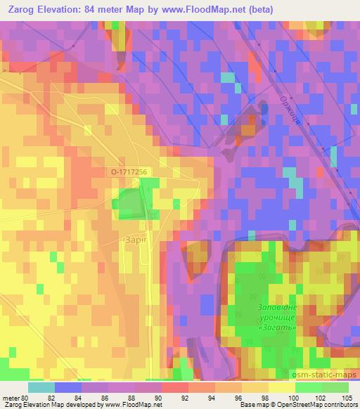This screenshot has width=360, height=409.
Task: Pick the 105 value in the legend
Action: click(x=348, y=398)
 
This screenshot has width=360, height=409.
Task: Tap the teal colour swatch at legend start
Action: click(x=41, y=387)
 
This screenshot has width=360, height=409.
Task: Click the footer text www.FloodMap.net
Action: click(x=130, y=405)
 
